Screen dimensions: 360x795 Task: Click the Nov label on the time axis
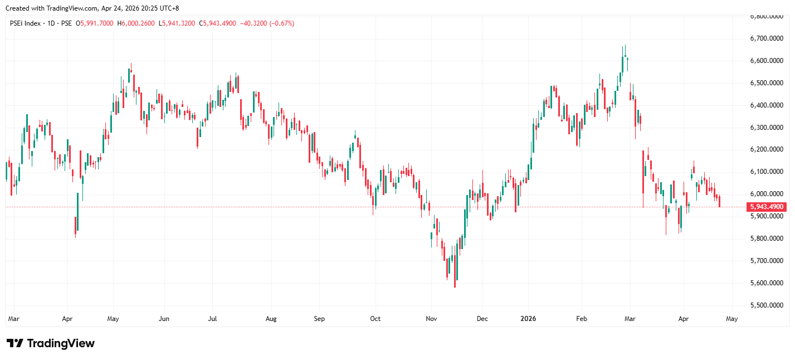432,319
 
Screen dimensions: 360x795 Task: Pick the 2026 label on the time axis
528,319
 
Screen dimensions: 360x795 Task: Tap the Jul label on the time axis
212,319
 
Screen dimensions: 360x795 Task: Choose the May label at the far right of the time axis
731,319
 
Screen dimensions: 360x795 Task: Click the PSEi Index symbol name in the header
26,23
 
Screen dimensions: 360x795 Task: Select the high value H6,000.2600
137,23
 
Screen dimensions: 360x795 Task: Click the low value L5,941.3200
177,23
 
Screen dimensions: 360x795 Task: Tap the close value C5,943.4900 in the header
219,23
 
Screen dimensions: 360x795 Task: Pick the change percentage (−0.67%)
282,23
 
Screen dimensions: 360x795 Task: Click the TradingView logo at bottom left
51,343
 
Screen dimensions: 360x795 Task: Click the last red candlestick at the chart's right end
720,201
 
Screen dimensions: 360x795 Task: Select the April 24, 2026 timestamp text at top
131,8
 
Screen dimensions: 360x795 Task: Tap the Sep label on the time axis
319,319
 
